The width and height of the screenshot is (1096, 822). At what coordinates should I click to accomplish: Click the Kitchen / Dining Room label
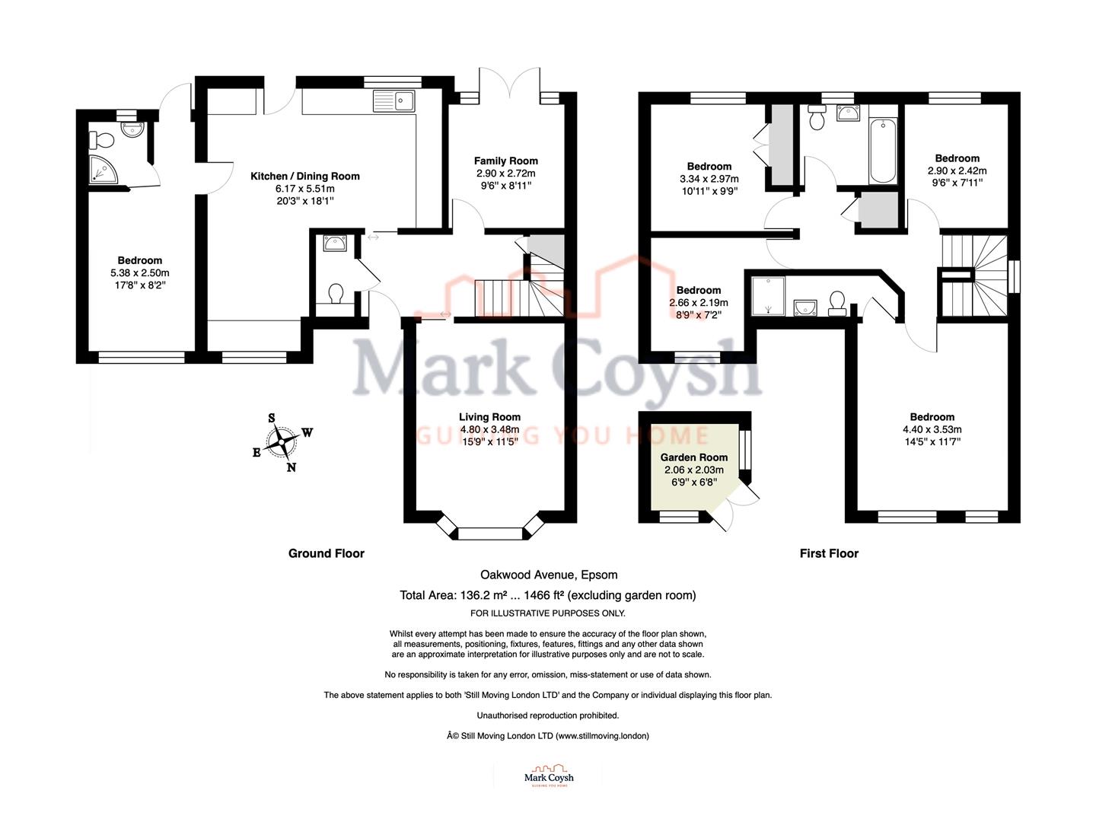pyautogui.click(x=304, y=176)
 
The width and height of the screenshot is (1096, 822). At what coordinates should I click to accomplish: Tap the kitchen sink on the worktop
pyautogui.click(x=394, y=101)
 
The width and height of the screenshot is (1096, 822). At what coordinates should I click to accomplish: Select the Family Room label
pyautogui.click(x=506, y=161)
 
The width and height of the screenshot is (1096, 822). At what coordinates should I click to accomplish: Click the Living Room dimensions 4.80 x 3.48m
pyautogui.click(x=489, y=429)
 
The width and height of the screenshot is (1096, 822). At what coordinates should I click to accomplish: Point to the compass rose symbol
pyautogui.click(x=282, y=442)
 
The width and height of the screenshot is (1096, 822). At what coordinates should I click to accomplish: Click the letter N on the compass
pyautogui.click(x=291, y=467)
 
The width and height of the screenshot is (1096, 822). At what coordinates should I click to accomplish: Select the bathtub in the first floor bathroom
pyautogui.click(x=883, y=151)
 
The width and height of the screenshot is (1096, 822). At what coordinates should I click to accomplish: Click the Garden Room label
pyautogui.click(x=693, y=457)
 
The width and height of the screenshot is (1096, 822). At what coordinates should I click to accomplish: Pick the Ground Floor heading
pyautogui.click(x=327, y=553)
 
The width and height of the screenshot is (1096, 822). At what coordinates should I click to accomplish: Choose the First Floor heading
pyautogui.click(x=829, y=553)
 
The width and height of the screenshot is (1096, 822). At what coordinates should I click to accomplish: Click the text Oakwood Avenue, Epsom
pyautogui.click(x=549, y=575)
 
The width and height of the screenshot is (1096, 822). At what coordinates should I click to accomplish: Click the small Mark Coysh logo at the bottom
pyautogui.click(x=549, y=776)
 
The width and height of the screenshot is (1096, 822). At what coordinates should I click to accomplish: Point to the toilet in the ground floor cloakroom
pyautogui.click(x=336, y=294)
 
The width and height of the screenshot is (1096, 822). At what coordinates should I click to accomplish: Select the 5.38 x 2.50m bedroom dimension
pyautogui.click(x=140, y=273)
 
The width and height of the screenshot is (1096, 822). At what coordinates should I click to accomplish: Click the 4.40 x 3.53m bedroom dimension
pyautogui.click(x=932, y=429)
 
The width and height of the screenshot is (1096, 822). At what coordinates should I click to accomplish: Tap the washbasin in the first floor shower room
pyautogui.click(x=805, y=307)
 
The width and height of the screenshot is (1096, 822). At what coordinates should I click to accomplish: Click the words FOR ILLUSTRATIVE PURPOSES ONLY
pyautogui.click(x=548, y=613)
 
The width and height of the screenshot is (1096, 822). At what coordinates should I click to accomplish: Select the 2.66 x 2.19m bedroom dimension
pyautogui.click(x=698, y=302)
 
